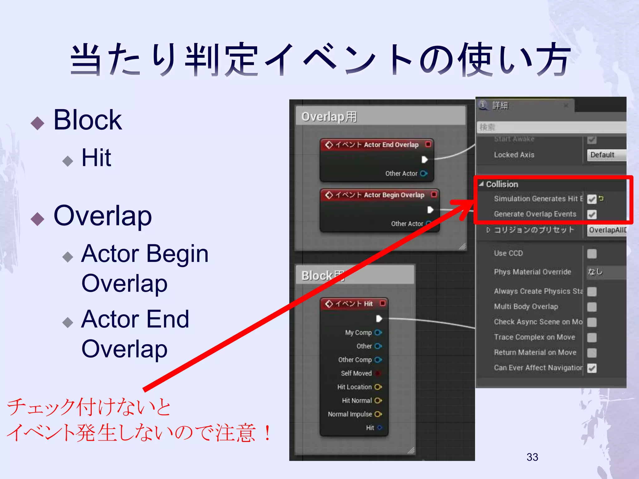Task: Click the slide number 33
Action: tap(532, 457)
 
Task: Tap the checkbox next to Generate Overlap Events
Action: tap(592, 214)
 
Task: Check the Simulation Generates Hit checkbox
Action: tap(592, 199)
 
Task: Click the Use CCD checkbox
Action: tap(592, 254)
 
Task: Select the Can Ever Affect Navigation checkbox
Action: tap(592, 368)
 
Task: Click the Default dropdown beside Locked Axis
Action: tap(606, 155)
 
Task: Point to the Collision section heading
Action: tap(502, 184)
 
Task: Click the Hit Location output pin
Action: tap(378, 387)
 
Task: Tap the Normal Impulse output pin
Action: tap(378, 414)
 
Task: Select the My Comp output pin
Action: tap(378, 332)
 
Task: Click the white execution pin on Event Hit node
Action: tap(379, 318)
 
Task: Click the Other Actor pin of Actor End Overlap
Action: tap(423, 173)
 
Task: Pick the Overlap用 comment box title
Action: tap(329, 117)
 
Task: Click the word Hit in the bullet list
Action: tap(96, 158)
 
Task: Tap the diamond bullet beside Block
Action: tap(37, 123)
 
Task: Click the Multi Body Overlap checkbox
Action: tap(592, 307)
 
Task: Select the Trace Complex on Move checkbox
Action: tap(592, 337)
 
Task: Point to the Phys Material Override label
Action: tap(532, 272)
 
